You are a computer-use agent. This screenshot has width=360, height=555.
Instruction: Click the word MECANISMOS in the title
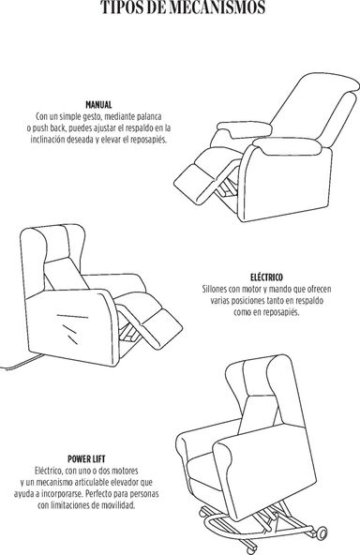point(217,7)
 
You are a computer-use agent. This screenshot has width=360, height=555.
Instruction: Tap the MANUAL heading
point(98,105)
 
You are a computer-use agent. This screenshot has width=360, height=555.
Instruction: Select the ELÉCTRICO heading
point(266,277)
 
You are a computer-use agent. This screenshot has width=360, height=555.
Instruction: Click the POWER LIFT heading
point(86,459)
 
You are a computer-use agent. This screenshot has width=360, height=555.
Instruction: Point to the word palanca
point(149,116)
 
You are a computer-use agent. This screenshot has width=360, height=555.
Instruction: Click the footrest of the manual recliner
point(195,184)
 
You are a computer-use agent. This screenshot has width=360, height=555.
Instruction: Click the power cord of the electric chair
point(22,364)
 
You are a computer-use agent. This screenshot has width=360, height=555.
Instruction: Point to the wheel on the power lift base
point(321,532)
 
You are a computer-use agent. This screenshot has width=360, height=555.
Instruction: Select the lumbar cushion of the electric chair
point(66,273)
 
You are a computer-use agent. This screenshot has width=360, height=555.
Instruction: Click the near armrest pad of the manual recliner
point(286,146)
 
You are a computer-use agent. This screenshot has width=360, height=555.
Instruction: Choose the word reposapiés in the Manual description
point(147,140)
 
